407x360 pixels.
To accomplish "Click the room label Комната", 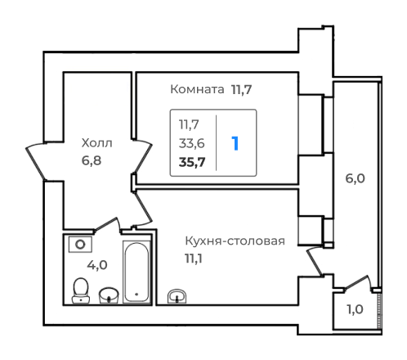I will pyautogui.click(x=196, y=89).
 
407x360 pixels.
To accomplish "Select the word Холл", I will pyautogui.click(x=96, y=144).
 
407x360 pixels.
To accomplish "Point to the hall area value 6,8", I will pyautogui.click(x=92, y=160).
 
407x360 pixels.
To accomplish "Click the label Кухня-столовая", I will pyautogui.click(x=235, y=241).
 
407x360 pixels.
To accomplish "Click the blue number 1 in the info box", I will pyautogui.click(x=235, y=143).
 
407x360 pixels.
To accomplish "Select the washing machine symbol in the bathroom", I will pyautogui.click(x=79, y=245).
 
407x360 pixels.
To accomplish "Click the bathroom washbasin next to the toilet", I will pyautogui.click(x=108, y=293).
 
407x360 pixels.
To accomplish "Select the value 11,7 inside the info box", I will pyautogui.click(x=190, y=125).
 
